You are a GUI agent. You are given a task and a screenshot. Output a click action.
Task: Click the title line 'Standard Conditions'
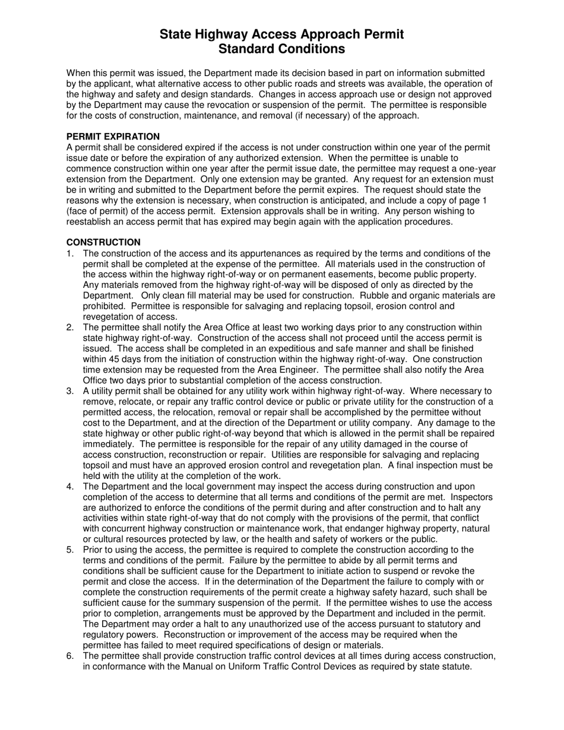click(281, 49)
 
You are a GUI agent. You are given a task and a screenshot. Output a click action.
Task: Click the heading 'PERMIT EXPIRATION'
click(113, 137)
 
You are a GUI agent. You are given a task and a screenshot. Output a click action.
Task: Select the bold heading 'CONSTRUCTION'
click(103, 242)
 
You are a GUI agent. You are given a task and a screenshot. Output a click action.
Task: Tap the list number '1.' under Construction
click(70, 253)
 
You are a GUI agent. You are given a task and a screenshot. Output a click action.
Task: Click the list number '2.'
click(70, 328)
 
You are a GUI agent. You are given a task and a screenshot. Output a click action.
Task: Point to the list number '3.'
click(70, 391)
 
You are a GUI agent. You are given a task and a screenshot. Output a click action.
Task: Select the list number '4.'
click(70, 487)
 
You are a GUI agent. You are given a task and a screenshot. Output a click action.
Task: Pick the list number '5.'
click(70, 550)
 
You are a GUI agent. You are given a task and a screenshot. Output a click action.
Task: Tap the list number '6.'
click(70, 656)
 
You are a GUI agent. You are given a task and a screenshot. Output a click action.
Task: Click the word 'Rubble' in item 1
click(375, 296)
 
